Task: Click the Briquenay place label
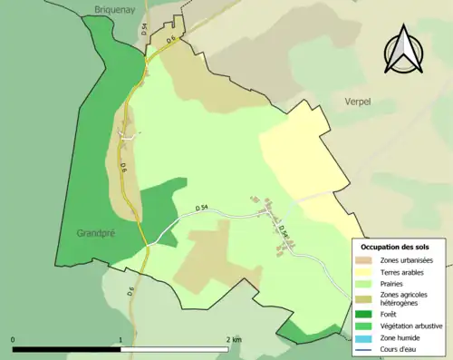point(113,11)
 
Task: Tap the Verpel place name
point(358,102)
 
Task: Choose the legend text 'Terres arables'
point(403,273)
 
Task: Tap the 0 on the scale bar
point(14,340)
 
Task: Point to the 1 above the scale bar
point(120,340)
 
